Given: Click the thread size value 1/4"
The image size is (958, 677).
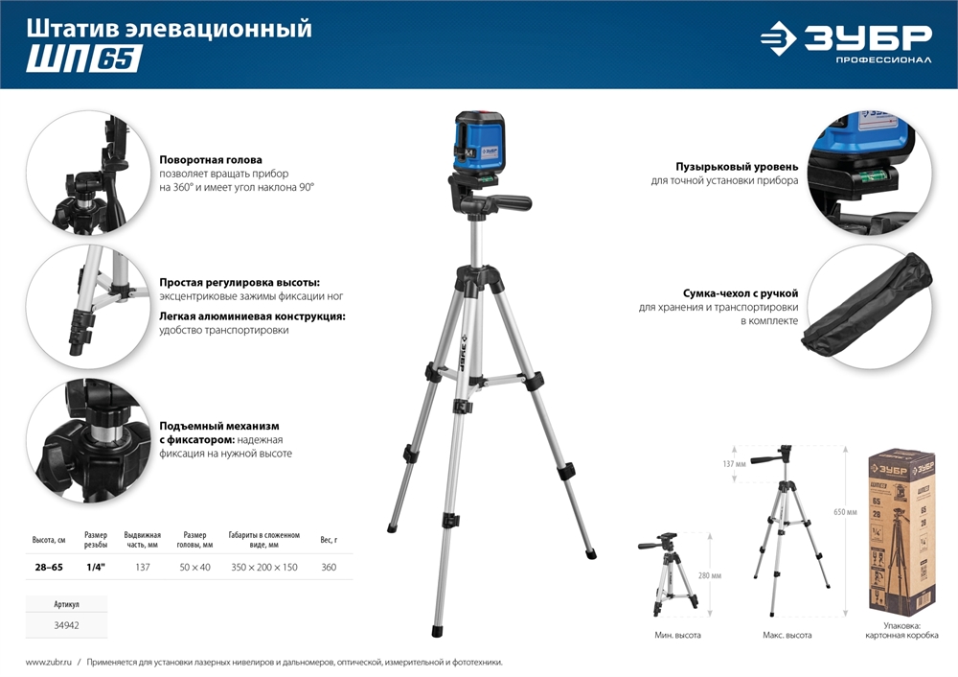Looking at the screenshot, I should [96, 568].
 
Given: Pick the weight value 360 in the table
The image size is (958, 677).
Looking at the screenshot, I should [329, 568].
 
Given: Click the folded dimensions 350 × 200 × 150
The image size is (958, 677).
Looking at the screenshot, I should [263, 568].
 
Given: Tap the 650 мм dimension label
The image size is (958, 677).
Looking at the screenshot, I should [845, 513].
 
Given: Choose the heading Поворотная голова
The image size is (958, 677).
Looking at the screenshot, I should [211, 159].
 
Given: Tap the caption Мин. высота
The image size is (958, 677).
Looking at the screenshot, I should [677, 635].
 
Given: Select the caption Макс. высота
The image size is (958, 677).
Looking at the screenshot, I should [787, 635].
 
